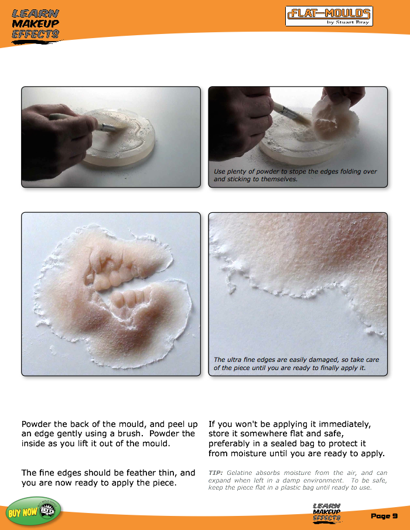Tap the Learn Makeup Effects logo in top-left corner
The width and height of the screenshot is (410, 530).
click(x=35, y=23)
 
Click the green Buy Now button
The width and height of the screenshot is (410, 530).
click(x=33, y=511)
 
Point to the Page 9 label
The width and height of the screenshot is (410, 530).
click(x=384, y=515)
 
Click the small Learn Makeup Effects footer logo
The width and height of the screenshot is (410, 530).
click(x=327, y=512)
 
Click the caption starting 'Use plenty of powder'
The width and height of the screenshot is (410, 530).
click(x=295, y=175)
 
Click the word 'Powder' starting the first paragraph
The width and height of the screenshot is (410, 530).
click(x=37, y=423)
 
